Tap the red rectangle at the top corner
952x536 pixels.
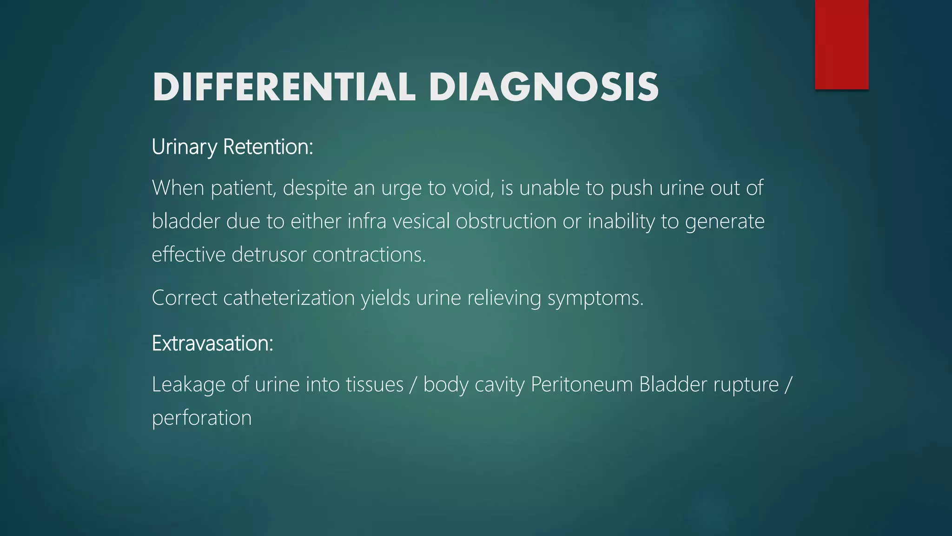coord(841,44)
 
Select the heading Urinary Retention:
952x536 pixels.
coord(232,147)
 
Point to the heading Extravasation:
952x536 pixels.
coord(212,343)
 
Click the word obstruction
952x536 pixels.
coord(506,221)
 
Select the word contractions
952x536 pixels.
coord(369,255)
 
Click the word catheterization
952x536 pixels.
coord(289,298)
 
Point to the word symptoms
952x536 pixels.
coord(595,298)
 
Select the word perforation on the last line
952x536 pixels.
coord(202,418)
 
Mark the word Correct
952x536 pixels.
coord(184,298)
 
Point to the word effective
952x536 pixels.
coord(188,255)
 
